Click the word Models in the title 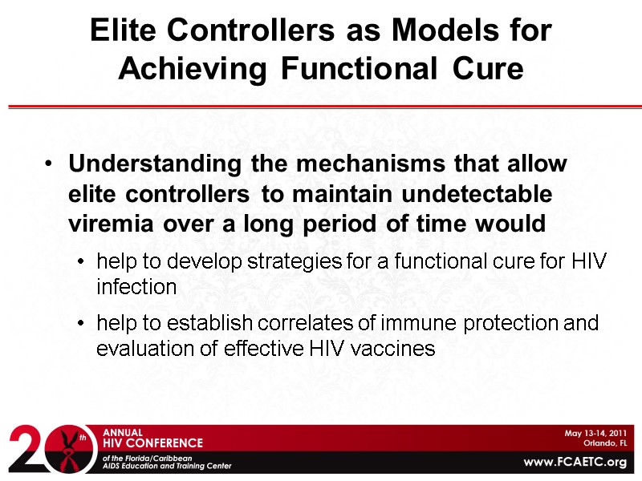click(x=426, y=30)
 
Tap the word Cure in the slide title click(x=485, y=69)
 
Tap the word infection click(x=136, y=287)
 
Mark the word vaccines click(x=396, y=349)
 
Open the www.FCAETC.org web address click(x=575, y=463)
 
